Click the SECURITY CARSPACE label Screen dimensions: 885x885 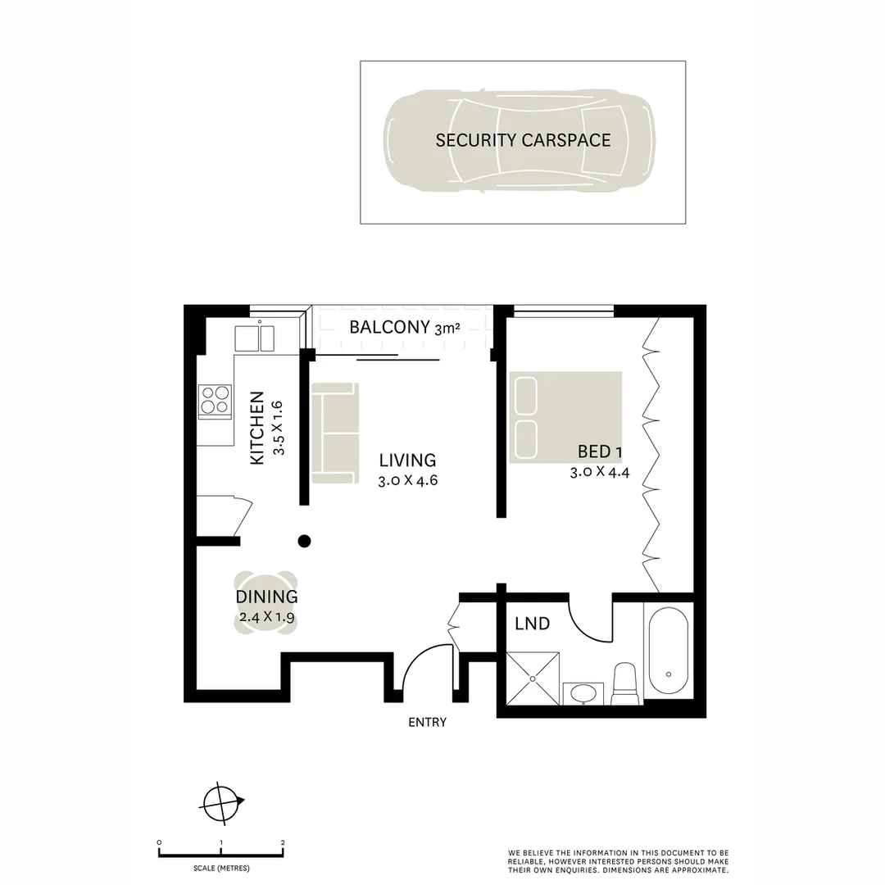(523, 140)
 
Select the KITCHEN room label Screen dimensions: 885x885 (257, 429)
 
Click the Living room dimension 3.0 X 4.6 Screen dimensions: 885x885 (407, 481)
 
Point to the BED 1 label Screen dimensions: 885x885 (594, 452)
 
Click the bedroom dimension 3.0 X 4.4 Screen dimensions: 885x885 (599, 472)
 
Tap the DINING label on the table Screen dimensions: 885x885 (266, 597)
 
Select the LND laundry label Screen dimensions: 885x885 (532, 624)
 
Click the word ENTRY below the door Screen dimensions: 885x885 (427, 722)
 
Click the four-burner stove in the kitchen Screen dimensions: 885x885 (216, 402)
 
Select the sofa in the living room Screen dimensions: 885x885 (334, 433)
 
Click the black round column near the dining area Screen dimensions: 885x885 (304, 540)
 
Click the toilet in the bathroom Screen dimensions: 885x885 (625, 684)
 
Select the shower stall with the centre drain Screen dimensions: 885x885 (533, 678)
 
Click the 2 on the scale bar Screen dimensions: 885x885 (283, 842)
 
